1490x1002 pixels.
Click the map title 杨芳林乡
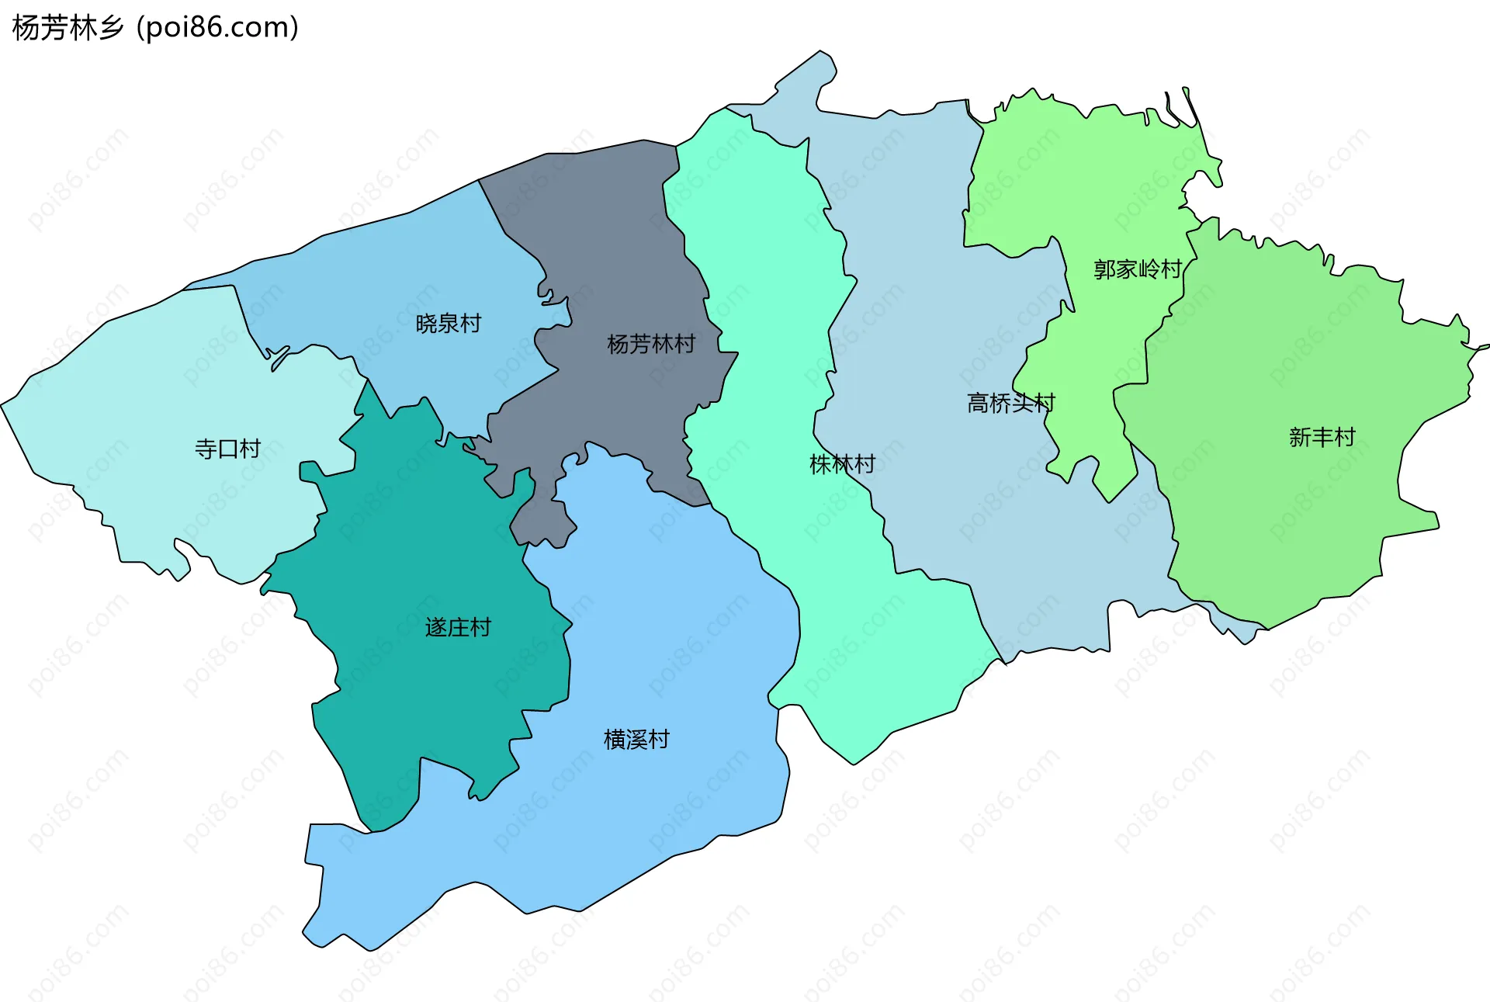(x=68, y=28)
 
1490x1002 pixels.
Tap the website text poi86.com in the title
(x=217, y=28)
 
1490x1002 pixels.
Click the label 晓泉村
(x=449, y=323)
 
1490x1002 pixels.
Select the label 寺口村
(x=227, y=449)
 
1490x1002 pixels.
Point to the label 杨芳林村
(x=650, y=344)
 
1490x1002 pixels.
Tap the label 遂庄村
(x=458, y=627)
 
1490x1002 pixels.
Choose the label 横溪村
(x=636, y=739)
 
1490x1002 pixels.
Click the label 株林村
(x=842, y=464)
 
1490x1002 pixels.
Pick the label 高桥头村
(x=1010, y=403)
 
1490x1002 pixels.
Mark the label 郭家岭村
(x=1137, y=269)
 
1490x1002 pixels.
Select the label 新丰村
(x=1322, y=437)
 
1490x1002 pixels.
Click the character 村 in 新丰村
(x=1344, y=437)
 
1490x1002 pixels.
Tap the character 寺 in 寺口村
(x=206, y=449)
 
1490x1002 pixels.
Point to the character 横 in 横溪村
(x=615, y=739)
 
